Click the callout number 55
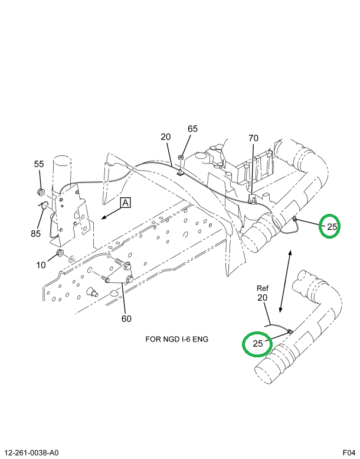pyautogui.click(x=39, y=164)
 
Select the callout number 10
pyautogui.click(x=40, y=265)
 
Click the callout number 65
pyautogui.click(x=193, y=129)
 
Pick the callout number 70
pyautogui.click(x=253, y=139)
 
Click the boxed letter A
pyautogui.click(x=126, y=203)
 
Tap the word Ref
pyautogui.click(x=263, y=288)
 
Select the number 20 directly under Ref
pyautogui.click(x=263, y=298)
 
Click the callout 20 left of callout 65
pyautogui.click(x=165, y=137)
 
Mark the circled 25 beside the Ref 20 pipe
pyautogui.click(x=258, y=343)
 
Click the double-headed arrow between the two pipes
pyautogui.click(x=285, y=281)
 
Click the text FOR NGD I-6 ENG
pyautogui.click(x=176, y=340)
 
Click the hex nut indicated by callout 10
pyautogui.click(x=60, y=255)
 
